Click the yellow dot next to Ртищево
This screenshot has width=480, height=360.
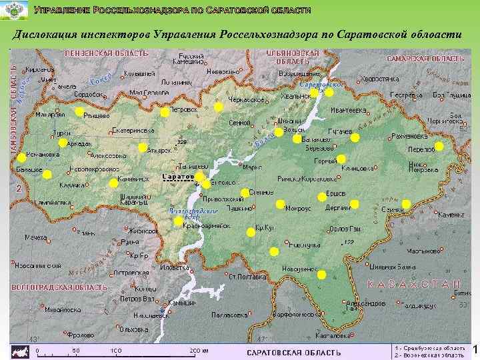pyautogui.click(x=79, y=112)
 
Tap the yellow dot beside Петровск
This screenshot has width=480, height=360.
pyautogui.click(x=165, y=113)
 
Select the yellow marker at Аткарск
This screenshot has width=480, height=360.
pyautogui.click(x=143, y=147)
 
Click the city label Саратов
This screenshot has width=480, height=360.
pyautogui.click(x=177, y=177)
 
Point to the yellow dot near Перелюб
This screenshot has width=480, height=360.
pyautogui.click(x=439, y=146)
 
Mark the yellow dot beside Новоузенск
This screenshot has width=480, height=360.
pyautogui.click(x=321, y=275)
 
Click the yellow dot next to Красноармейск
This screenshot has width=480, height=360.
pyautogui.click(x=177, y=221)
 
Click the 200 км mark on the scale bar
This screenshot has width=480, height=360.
pyautogui.click(x=199, y=351)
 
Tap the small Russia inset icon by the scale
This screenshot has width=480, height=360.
pyautogui.click(x=21, y=350)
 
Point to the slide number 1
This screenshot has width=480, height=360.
pyautogui.click(x=475, y=350)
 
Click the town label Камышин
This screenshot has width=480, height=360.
pyautogui.click(x=181, y=303)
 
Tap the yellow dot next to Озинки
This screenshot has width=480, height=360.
pyautogui.click(x=406, y=203)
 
